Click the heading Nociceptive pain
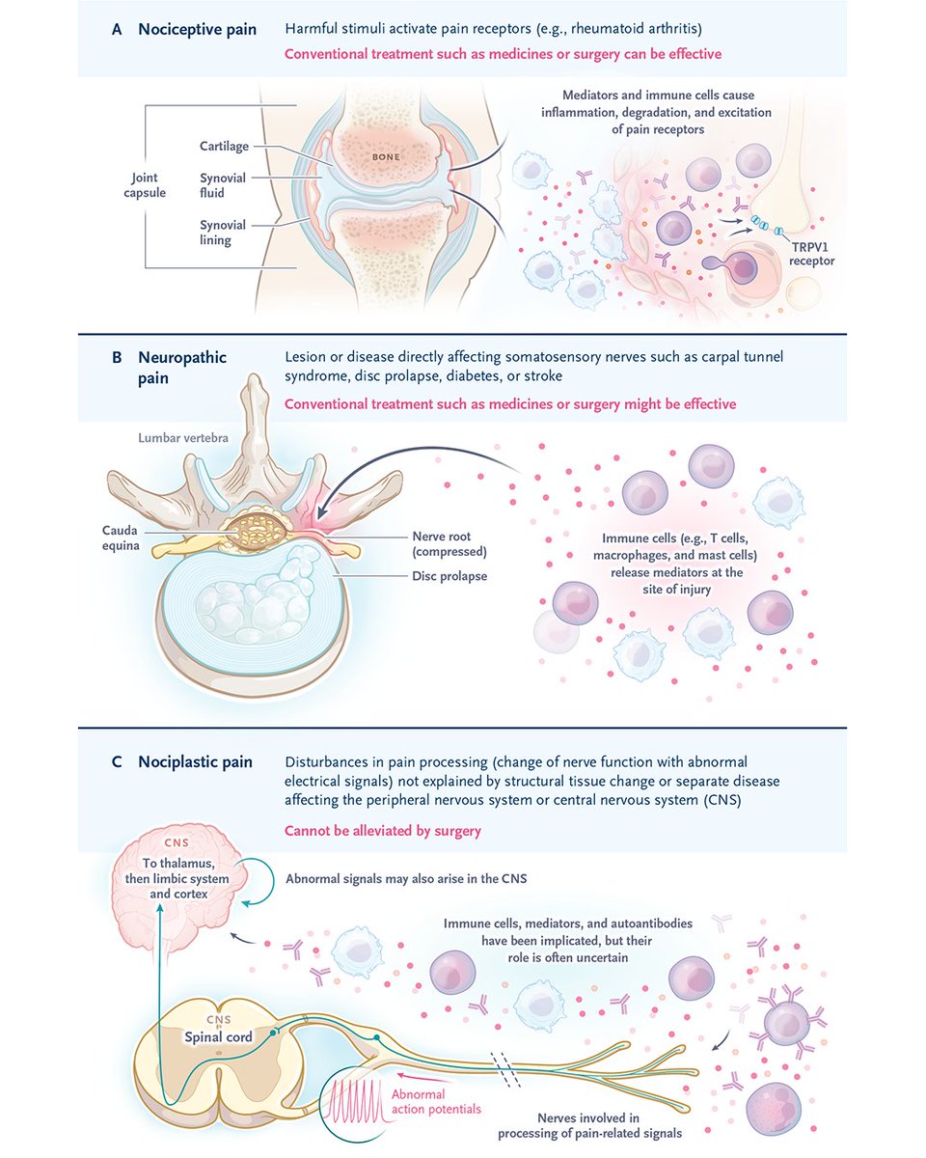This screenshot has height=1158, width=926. pos(197,29)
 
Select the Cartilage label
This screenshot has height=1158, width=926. pos(224,147)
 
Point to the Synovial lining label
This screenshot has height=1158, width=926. pos(223,233)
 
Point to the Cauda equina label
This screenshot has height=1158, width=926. pos(123,538)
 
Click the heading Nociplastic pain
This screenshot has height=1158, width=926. pos(195,762)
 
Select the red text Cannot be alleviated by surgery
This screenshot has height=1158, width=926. pos(383,830)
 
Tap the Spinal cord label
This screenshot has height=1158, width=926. pos(220,1037)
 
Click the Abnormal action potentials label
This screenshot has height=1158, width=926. pos(435,1102)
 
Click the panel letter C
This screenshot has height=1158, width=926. pos(117,762)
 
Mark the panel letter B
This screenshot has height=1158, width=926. pos(117,358)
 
